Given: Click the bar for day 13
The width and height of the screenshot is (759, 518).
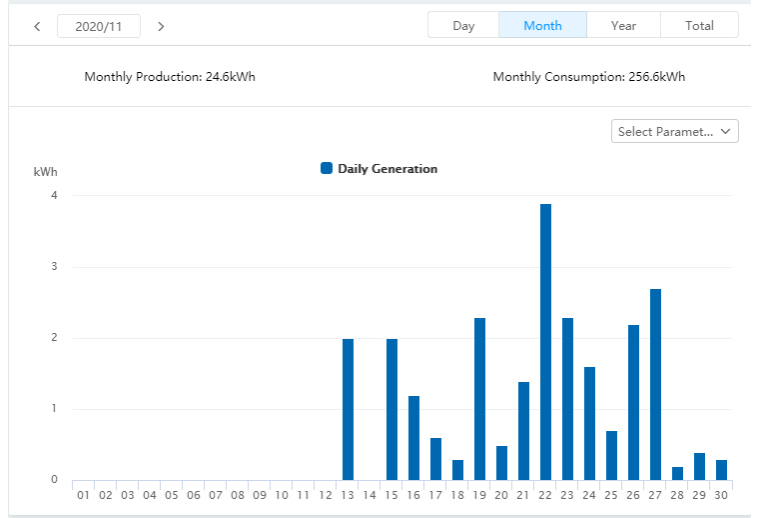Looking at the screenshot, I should point(349,409).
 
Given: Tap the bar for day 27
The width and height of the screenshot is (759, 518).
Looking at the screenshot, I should point(656,384).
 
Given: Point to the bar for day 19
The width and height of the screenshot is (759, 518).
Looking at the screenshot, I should point(480,399).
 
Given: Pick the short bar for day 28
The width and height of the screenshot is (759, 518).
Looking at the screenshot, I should point(678,473).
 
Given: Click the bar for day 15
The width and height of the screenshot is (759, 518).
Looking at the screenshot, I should point(392,409).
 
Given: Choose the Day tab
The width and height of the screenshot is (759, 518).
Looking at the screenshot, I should point(463,25).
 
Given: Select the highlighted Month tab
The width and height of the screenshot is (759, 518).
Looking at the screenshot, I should point(542,25).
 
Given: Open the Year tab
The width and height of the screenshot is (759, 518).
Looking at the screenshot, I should point(623,25).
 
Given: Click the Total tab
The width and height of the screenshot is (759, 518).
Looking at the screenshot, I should point(699,25).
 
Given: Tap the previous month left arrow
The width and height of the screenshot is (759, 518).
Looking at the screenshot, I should point(37,26).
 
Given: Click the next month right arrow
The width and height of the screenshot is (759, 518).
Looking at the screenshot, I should point(161,26).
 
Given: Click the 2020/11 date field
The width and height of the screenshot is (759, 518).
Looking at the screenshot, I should point(99,26).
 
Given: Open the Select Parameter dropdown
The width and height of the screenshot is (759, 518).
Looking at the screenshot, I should point(674,131).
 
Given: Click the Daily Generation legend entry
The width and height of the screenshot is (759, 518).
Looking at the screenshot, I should point(379,169).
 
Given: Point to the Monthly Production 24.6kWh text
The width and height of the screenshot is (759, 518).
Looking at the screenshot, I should point(170,77).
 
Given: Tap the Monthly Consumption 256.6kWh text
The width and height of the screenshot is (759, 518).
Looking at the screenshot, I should point(589,77).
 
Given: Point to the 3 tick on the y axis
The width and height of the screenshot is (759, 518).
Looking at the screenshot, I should point(54,267).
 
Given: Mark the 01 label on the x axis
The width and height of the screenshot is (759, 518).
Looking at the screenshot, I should point(83,494).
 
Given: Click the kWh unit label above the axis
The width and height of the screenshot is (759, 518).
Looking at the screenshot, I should point(45,172).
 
